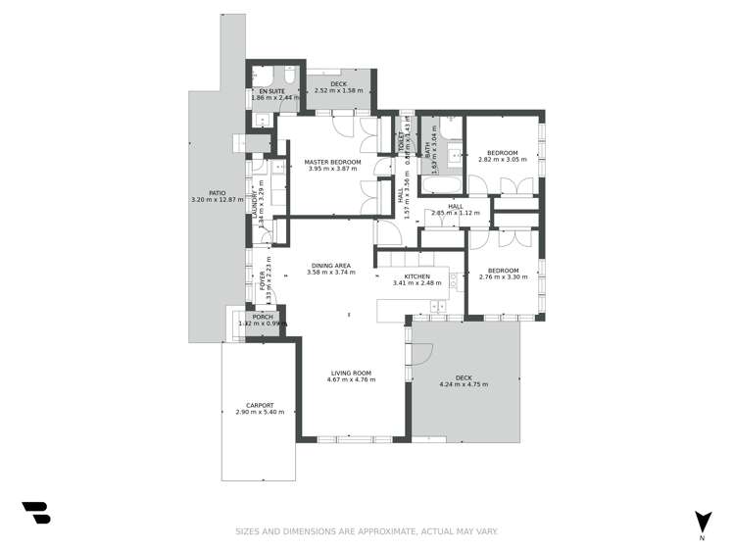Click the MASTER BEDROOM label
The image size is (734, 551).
coord(332,162)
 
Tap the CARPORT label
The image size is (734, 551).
coord(260,405)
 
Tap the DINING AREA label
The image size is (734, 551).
coord(331,265)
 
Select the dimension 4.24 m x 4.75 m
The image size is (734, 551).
coord(464,384)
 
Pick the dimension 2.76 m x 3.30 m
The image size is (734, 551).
coord(503,277)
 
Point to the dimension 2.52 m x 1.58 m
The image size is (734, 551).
coord(338,91)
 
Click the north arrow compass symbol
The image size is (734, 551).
coord(702,522)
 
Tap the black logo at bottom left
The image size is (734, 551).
coord(35,513)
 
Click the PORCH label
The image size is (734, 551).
coord(262,317)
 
